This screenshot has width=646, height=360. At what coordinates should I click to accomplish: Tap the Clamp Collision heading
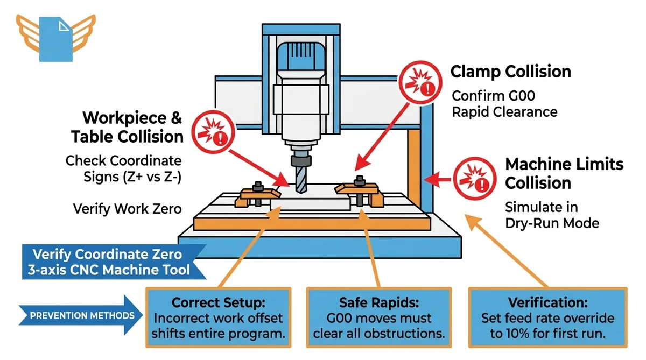pyautogui.click(x=510, y=72)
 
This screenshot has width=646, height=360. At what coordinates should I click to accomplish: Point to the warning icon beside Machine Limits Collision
pyautogui.click(x=472, y=176)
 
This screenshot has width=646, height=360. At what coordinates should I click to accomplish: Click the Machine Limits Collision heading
pyautogui.click(x=564, y=173)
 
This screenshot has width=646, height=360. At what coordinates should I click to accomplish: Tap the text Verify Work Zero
pyautogui.click(x=127, y=208)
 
